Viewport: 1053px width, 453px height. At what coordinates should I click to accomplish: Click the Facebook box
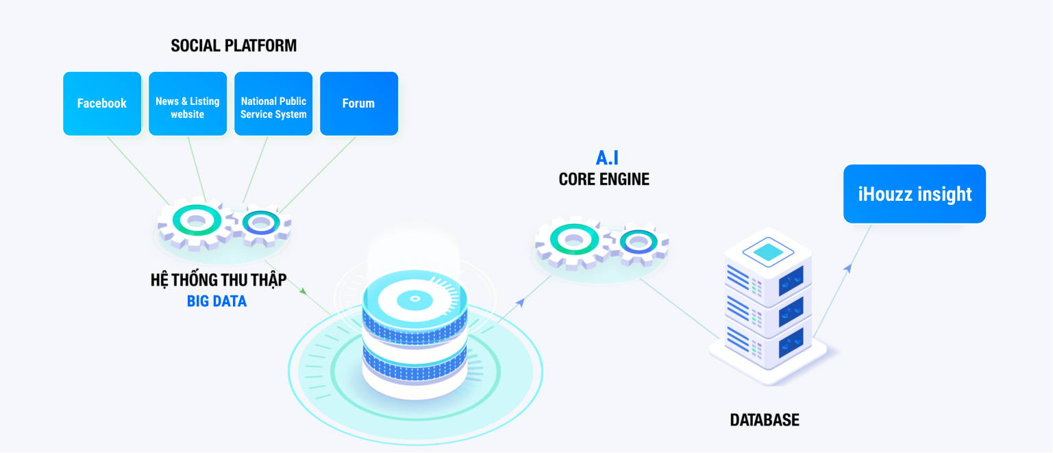pyautogui.click(x=102, y=103)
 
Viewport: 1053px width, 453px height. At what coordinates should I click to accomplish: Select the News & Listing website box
pyautogui.click(x=187, y=103)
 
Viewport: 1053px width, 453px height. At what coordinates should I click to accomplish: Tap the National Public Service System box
pyautogui.click(x=273, y=103)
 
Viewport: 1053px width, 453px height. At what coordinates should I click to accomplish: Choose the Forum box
pyautogui.click(x=358, y=103)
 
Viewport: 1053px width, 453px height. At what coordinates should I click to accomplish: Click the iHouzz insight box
pyautogui.click(x=914, y=194)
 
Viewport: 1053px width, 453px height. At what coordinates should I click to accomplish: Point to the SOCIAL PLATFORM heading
pyautogui.click(x=234, y=46)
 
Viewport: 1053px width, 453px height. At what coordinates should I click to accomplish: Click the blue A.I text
pyautogui.click(x=607, y=158)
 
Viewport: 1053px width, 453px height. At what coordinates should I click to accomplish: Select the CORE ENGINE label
pyautogui.click(x=604, y=180)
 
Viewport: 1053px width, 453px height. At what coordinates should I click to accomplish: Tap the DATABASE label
pyautogui.click(x=764, y=420)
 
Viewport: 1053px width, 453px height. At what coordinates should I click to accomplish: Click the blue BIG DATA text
pyautogui.click(x=216, y=301)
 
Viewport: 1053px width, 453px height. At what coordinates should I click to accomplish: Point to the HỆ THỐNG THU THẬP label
pyautogui.click(x=219, y=280)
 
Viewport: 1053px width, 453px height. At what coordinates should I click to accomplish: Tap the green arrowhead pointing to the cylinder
pyautogui.click(x=303, y=291)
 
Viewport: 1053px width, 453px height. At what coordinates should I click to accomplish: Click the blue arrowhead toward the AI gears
pyautogui.click(x=521, y=302)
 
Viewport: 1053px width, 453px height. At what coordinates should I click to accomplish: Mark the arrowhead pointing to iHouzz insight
pyautogui.click(x=847, y=268)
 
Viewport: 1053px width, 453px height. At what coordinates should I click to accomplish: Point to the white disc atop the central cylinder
pyautogui.click(x=414, y=298)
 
